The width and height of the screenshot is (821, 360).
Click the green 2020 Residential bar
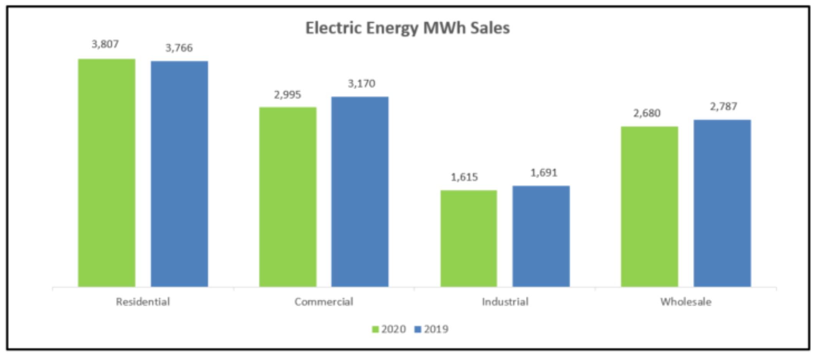tap(107, 173)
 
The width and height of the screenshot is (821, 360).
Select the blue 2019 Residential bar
tap(179, 173)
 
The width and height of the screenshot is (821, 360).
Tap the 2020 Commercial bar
tap(288, 197)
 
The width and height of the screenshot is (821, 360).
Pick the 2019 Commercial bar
tap(360, 192)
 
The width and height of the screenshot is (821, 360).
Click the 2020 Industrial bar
tap(468, 238)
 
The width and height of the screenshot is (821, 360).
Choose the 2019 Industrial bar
tap(541, 236)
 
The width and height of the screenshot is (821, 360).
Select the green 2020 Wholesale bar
tap(649, 206)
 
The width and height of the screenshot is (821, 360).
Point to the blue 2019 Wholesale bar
tap(722, 203)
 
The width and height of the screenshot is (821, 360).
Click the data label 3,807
tap(105, 44)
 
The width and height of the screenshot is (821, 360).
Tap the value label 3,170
tap(361, 83)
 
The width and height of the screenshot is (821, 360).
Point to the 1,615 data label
tap(464, 177)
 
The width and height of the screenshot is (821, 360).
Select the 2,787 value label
tap(723, 106)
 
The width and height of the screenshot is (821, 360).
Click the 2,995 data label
tap(287, 94)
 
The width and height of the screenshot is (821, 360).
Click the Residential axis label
tap(143, 302)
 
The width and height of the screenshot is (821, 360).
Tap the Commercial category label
tap(324, 302)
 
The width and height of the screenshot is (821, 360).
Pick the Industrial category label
tap(505, 302)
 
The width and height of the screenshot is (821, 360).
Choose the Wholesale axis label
tap(686, 302)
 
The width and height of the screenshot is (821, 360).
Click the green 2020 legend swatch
tap(375, 329)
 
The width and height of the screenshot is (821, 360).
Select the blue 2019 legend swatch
tap(418, 329)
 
